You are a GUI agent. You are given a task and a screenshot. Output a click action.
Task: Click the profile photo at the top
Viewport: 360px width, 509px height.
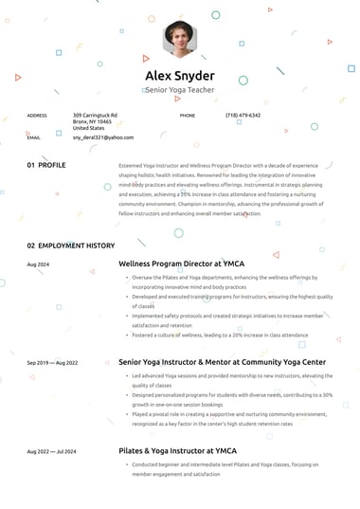[180, 39]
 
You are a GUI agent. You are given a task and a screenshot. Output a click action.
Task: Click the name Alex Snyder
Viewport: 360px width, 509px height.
[180, 76]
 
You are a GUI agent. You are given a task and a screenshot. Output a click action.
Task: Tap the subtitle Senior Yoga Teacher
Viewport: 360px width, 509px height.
[180, 89]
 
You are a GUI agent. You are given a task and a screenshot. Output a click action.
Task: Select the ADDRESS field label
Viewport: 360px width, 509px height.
[37, 115]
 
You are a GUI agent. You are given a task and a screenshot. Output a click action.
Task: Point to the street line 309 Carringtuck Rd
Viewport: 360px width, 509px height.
[95, 115]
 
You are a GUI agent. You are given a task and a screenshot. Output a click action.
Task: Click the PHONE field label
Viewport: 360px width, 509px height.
[188, 115]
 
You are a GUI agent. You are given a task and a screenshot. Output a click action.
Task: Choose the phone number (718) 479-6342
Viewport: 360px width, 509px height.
[243, 115]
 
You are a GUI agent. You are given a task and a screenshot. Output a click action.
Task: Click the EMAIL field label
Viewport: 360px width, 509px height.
[34, 137]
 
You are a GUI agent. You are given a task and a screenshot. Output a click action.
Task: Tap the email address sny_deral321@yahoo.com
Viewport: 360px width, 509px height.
[103, 137]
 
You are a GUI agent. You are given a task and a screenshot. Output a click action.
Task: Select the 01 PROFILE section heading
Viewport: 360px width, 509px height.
[46, 165]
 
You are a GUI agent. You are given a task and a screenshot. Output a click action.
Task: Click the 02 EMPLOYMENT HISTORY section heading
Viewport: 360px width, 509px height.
[71, 245]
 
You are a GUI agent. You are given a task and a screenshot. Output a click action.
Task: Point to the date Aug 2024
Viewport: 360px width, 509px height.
[38, 264]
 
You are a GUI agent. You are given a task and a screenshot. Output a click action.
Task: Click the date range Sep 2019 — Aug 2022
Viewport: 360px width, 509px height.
[52, 362]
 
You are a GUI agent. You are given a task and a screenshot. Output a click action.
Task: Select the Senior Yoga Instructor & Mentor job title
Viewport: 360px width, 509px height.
[222, 361]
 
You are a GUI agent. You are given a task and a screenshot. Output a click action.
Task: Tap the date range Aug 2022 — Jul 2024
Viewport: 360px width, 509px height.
[52, 450]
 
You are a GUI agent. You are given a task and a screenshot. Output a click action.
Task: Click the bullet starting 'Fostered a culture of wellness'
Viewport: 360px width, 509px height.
[219, 335]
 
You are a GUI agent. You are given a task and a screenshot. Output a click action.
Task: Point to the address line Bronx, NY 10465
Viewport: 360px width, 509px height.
[92, 121]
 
